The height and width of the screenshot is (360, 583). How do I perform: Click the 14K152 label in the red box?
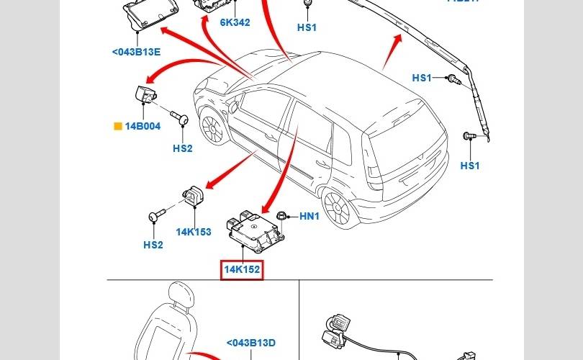242,270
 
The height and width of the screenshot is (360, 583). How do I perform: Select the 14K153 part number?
194,232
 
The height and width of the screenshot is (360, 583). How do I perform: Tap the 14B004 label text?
143,126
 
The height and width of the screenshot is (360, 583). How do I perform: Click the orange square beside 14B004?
118,126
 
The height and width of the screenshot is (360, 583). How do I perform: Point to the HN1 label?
309,216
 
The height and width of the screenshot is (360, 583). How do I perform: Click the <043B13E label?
136,52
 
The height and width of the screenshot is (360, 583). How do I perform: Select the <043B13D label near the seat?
251,343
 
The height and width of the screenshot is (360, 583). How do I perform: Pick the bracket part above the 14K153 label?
193,196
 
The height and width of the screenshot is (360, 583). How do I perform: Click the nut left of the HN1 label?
283,216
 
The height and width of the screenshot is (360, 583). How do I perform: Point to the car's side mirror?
235,106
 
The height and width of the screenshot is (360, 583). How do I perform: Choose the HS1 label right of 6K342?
307,27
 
